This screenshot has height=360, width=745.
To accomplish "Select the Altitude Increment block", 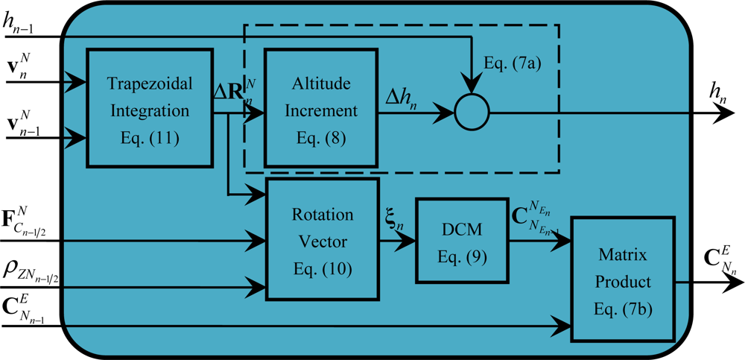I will point(311,109).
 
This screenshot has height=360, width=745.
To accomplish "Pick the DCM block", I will point(460,240).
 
